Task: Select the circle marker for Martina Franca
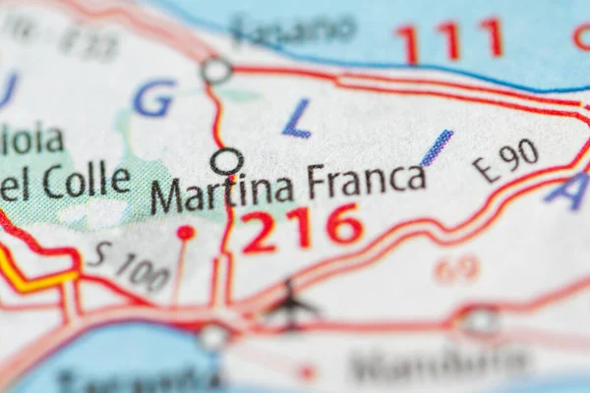coord(227,161)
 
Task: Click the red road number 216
coord(302,228)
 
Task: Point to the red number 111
coord(449,40)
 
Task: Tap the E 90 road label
coord(504,159)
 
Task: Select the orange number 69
coord(456,268)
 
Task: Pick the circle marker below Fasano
coord(216,70)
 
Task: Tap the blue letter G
coord(154,98)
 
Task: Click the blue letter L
coord(296,118)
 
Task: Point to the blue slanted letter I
coord(437,147)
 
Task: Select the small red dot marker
coord(185,233)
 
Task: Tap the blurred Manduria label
coord(438,365)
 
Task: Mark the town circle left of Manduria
coord(479,319)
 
